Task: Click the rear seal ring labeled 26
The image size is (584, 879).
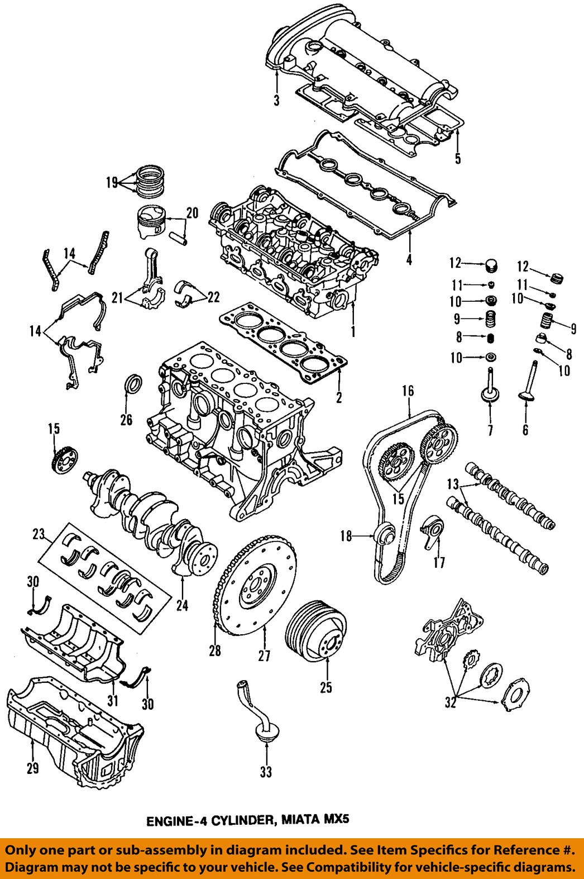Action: (x=132, y=385)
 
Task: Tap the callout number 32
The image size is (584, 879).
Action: (x=451, y=702)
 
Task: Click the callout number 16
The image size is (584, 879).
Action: (x=408, y=391)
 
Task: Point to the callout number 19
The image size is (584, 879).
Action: (x=111, y=182)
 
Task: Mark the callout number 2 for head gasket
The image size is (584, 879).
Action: (x=338, y=397)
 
